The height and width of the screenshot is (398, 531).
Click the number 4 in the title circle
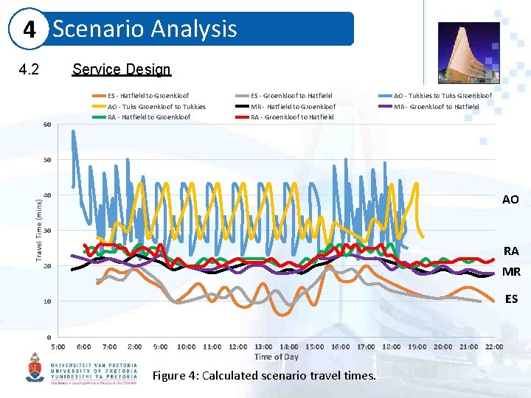click(30, 30)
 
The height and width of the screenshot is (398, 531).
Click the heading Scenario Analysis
click(145, 29)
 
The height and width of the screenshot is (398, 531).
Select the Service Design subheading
click(121, 69)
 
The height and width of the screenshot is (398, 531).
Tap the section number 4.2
click(29, 70)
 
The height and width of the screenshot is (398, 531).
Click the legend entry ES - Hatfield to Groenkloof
click(148, 96)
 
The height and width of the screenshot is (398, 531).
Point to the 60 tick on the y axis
click(46, 124)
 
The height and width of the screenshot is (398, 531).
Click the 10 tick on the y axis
click(46, 301)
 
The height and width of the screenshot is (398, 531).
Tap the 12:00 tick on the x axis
click(237, 346)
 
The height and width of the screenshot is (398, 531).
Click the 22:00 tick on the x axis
click(494, 346)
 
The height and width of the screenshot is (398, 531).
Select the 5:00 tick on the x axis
click(58, 346)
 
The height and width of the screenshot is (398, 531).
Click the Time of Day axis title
click(277, 357)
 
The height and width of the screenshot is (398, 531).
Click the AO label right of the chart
click(510, 200)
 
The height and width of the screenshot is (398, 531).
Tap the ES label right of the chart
click(511, 299)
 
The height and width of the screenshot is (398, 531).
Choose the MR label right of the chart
click(511, 272)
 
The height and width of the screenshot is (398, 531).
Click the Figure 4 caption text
click(264, 376)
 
